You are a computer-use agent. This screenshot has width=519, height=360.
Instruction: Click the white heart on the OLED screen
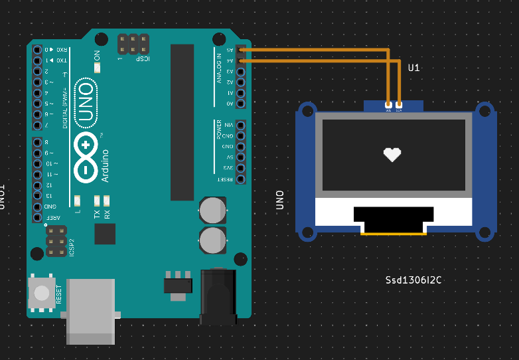392,154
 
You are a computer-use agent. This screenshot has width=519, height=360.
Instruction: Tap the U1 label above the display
414,68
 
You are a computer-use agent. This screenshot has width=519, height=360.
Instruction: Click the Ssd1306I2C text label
413,280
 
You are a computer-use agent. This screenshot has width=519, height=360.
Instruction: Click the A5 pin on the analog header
240,49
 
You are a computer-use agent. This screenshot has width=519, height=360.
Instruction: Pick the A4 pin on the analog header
240,60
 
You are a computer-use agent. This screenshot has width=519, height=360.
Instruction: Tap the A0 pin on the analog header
240,104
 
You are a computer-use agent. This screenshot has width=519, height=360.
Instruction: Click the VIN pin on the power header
240,125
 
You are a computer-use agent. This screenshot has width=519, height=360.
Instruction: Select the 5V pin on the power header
240,157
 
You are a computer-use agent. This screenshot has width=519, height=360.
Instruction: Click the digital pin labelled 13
37,196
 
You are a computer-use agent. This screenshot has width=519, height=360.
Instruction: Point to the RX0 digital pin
37,50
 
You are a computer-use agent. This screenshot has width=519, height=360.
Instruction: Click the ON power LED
97,67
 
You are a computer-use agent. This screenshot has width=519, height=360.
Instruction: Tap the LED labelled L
78,200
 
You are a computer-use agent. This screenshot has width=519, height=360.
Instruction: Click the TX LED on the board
97,200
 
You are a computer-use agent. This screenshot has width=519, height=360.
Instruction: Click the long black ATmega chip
183,122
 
